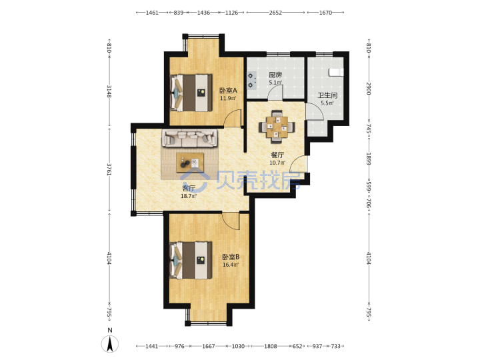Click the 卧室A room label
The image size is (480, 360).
click(228, 91)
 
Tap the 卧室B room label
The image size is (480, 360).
click(231, 257)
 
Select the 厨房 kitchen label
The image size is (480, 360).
click(275, 75)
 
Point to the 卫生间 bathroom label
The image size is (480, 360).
click(327, 95)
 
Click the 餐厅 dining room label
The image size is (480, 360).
click(277, 155)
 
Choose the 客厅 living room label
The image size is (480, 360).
click(188, 188)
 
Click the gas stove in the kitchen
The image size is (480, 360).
click(251, 80)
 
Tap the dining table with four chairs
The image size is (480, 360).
click(277, 127)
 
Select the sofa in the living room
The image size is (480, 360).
click(189, 138)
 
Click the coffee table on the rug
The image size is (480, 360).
click(190, 162)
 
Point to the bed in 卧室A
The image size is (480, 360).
click(191, 93)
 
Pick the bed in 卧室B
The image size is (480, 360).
click(191, 260)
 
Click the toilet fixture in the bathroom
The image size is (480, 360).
click(335, 72)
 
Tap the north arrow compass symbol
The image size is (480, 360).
click(110, 343)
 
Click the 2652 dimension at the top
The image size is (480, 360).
click(275, 13)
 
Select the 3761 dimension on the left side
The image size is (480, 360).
click(109, 169)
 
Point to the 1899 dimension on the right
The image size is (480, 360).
click(369, 159)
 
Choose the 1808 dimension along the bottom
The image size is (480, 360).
click(271, 346)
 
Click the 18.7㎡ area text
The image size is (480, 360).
click(188, 196)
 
